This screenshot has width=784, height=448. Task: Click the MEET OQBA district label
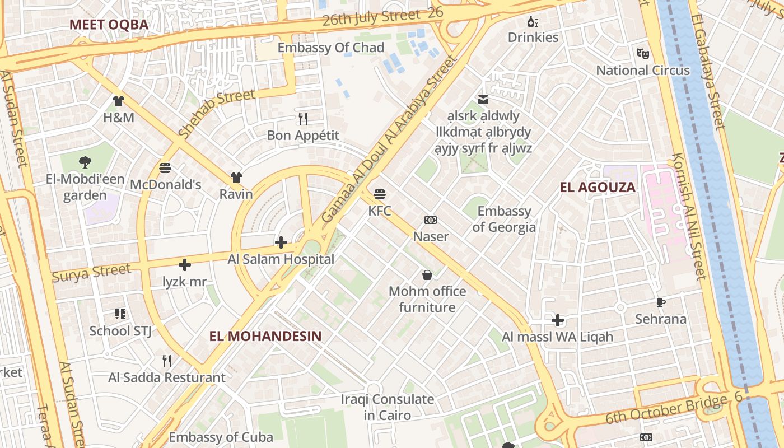109,25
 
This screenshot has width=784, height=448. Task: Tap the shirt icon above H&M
119,101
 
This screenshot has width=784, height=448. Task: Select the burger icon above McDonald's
165,167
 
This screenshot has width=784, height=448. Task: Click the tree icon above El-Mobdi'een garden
85,162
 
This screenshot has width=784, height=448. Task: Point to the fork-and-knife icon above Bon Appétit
303,118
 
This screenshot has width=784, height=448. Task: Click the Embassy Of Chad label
331,48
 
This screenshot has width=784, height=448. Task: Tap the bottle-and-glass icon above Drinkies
533,22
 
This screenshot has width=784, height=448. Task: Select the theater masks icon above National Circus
643,54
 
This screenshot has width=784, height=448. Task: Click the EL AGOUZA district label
598,188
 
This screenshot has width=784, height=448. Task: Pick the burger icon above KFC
380,194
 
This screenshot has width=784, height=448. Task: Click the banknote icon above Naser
431,220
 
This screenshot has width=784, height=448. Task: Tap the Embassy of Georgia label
504,219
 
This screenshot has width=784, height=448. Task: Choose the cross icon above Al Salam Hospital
281,242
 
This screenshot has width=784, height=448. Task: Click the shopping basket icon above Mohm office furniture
427,274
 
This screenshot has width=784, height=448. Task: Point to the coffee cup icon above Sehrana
661,302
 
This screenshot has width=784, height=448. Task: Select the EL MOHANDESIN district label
265,336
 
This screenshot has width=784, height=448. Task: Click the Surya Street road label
91,273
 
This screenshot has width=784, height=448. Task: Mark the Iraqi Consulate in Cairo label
388,407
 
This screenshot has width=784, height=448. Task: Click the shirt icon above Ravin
236,178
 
